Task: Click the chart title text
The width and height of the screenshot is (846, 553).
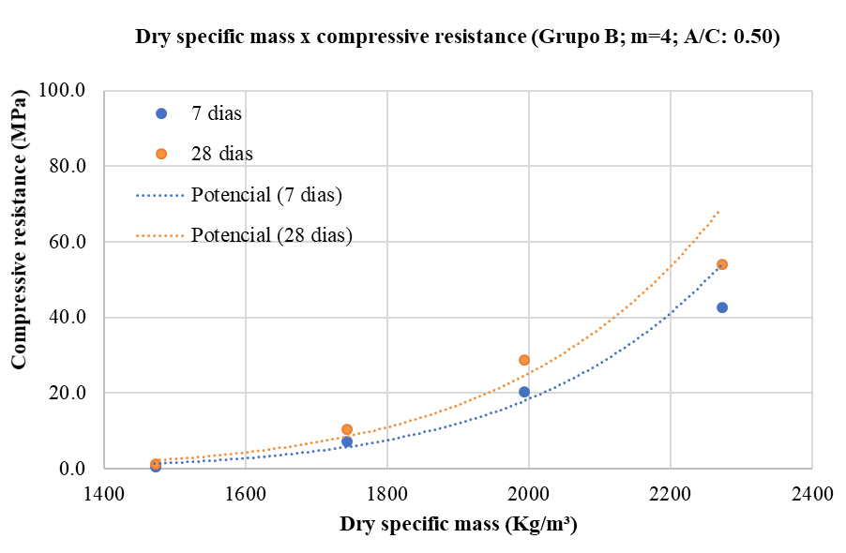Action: (x=457, y=38)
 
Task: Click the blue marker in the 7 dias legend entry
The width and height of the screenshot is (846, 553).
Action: (x=160, y=113)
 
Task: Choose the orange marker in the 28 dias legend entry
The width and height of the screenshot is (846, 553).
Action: (x=160, y=154)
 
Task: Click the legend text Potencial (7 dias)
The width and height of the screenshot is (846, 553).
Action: (x=266, y=195)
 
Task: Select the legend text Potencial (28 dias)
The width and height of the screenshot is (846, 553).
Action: (x=271, y=235)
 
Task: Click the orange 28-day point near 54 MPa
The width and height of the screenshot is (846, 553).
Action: (x=722, y=264)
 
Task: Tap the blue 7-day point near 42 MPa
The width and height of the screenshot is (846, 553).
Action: (x=722, y=307)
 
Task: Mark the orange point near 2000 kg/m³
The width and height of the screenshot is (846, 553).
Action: (x=524, y=360)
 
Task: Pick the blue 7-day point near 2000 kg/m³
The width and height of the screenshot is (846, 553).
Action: (x=524, y=392)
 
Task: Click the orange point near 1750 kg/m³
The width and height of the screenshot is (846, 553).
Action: (x=347, y=429)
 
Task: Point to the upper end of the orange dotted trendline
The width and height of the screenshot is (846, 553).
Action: (x=719, y=211)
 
